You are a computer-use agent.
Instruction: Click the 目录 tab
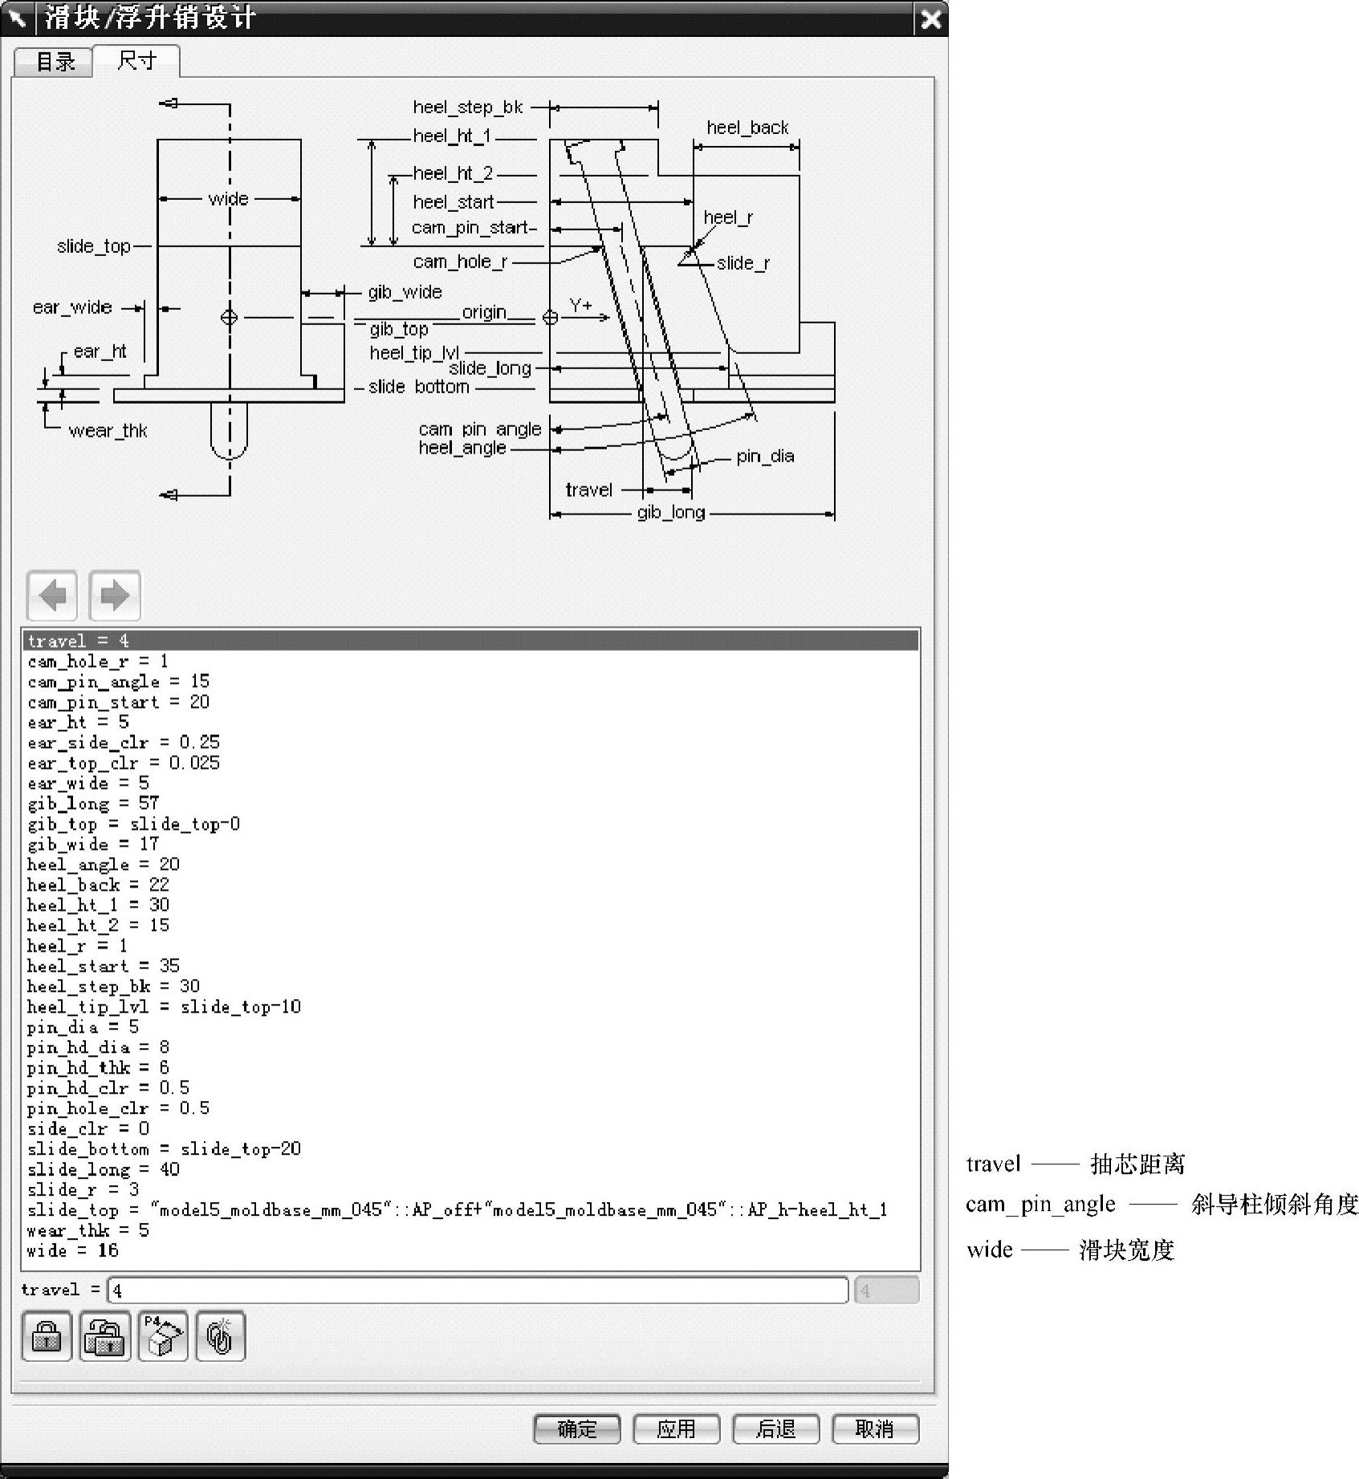pos(55,62)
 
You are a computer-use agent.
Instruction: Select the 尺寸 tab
pos(136,60)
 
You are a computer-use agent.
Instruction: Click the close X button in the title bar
pos(930,18)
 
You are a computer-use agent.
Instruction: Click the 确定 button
pos(576,1428)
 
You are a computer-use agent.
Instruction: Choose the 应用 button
pos(676,1428)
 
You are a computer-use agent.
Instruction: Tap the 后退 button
pos(775,1428)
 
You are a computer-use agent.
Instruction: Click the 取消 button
pos(875,1428)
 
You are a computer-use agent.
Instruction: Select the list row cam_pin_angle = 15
pos(118,681)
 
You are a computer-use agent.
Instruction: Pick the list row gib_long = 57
pos(93,803)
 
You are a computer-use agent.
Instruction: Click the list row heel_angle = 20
pos(103,864)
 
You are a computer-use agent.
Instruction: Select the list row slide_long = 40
pos(103,1169)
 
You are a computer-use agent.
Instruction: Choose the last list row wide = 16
pos(72,1250)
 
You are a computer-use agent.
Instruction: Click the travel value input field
pos(478,1290)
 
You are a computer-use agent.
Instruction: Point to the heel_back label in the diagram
pos(747,128)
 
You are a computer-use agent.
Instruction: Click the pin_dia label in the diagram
pos(765,457)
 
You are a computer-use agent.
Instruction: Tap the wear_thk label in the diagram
pos(108,431)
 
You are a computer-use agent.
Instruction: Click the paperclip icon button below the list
pos(220,1336)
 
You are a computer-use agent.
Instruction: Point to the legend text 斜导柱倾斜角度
pos(1275,1205)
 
